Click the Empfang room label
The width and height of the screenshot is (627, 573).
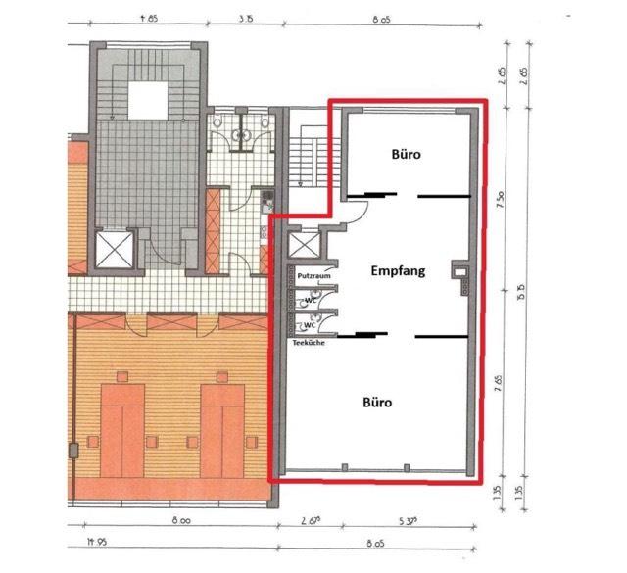pos(398,271)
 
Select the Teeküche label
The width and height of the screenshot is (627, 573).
pos(309,343)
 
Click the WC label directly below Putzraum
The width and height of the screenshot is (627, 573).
pos(310,299)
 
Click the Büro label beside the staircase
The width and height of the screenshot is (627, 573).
pos(410,154)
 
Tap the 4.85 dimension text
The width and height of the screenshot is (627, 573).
pos(149,17)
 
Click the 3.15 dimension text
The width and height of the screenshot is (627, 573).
pos(247,17)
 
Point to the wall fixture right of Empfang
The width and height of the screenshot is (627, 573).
pos(458,271)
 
